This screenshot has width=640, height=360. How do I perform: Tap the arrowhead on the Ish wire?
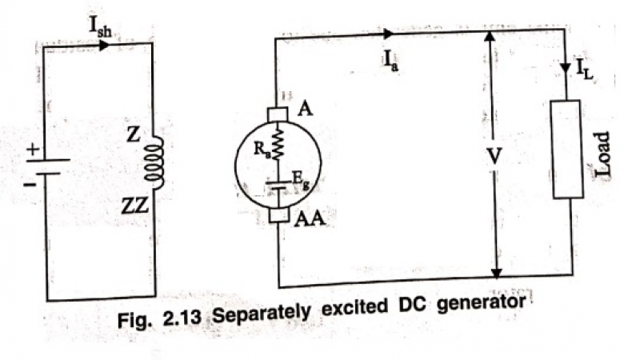(104, 45)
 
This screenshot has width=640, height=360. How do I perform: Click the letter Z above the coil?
(134, 137)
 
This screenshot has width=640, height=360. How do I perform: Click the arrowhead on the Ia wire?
(389, 34)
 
